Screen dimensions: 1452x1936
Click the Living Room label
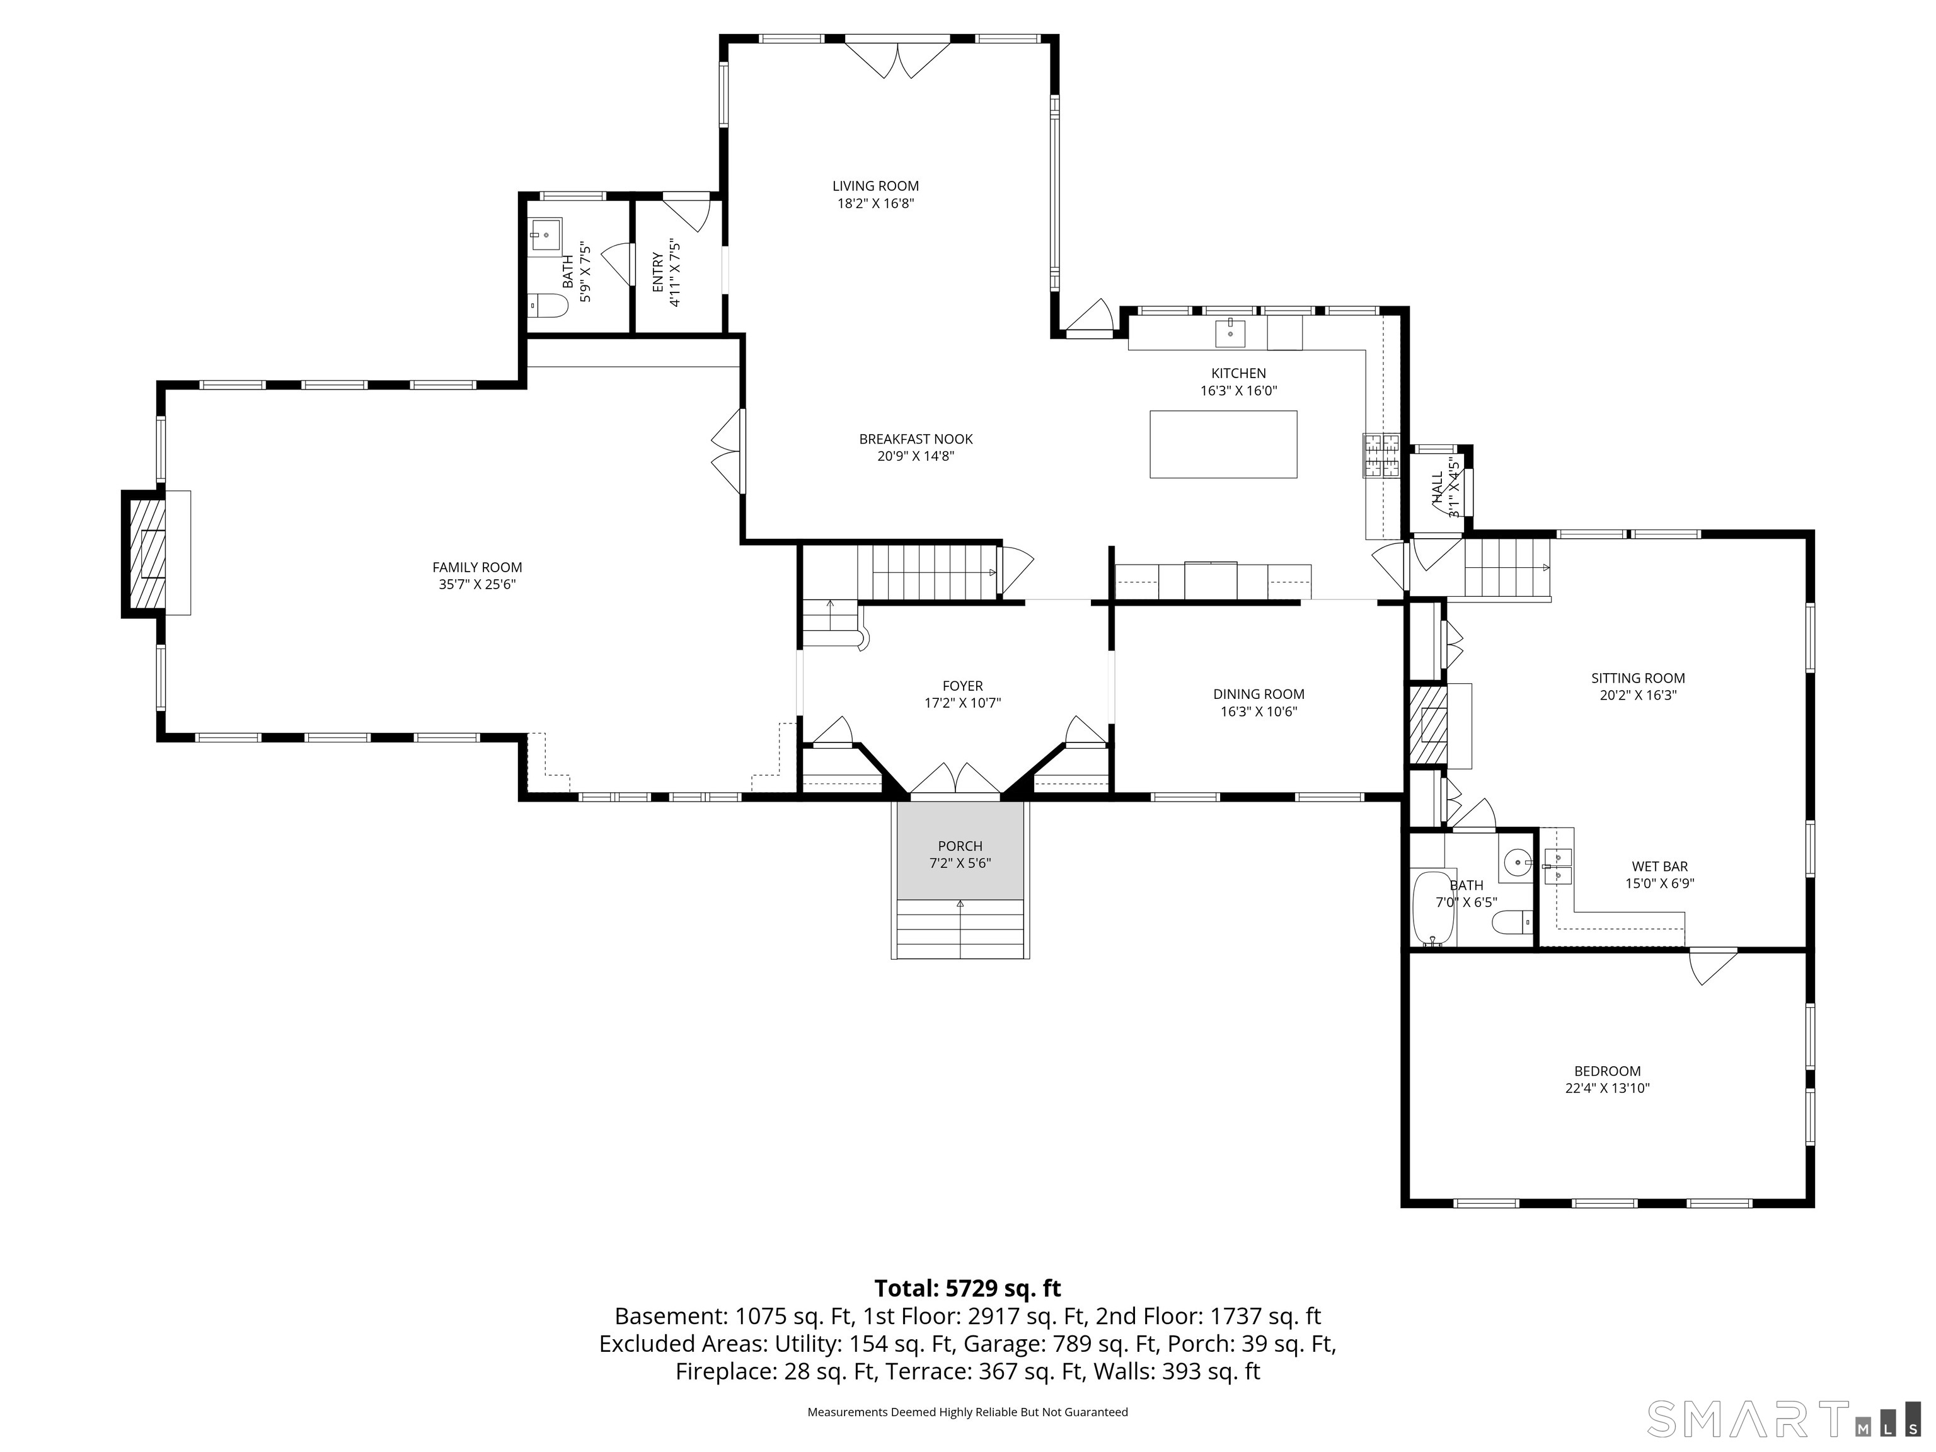click(875, 185)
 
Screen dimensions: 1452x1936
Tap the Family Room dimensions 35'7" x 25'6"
click(477, 585)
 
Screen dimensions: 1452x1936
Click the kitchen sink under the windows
click(1230, 333)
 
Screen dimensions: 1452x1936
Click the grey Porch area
click(960, 853)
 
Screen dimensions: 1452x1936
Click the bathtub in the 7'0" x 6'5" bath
click(1432, 909)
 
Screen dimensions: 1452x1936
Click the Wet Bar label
click(1659, 867)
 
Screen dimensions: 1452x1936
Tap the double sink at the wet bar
click(1557, 865)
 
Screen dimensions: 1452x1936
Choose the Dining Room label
click(1259, 694)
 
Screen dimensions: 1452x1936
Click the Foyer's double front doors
click(956, 779)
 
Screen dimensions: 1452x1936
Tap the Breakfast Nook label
click(916, 439)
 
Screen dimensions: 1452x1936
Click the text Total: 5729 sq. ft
click(967, 1288)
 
